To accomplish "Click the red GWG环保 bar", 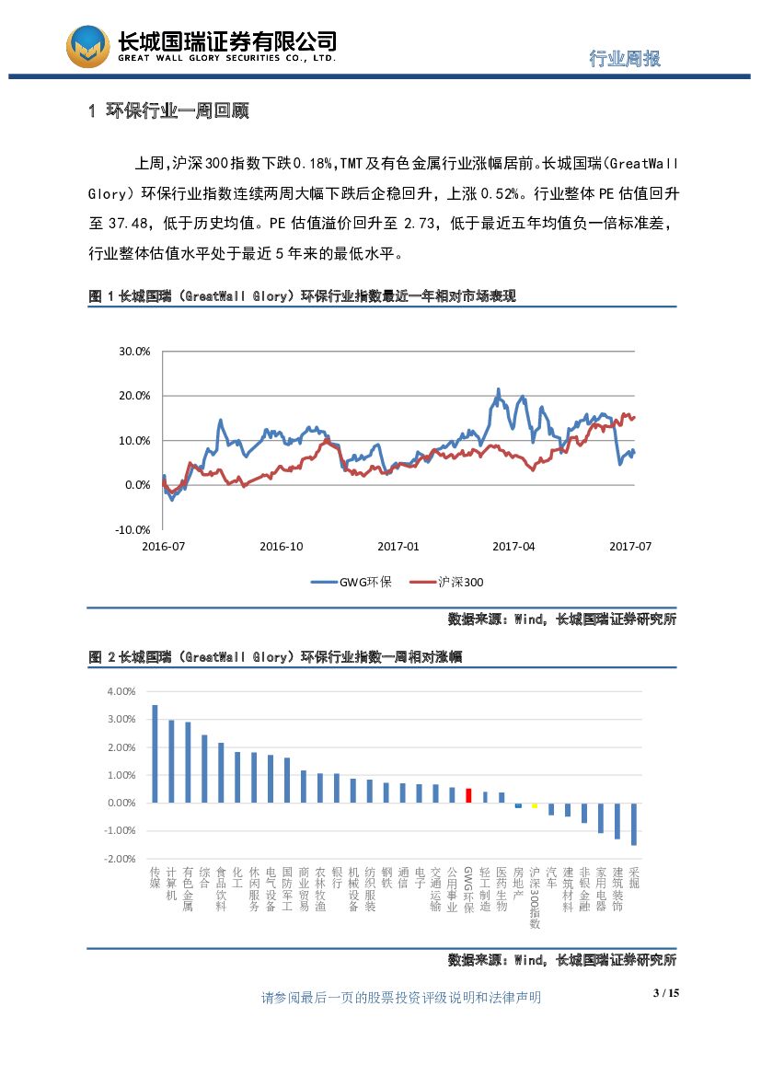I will click(468, 795).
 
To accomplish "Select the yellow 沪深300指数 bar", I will click(535, 805).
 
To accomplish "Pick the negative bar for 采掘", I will click(634, 824).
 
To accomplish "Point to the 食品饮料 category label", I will click(221, 887).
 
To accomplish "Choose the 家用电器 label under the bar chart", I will click(601, 887).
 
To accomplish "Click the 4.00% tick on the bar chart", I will click(121, 691).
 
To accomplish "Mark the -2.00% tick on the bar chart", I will click(121, 859).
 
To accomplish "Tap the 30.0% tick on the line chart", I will click(134, 352).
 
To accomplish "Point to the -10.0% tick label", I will click(133, 530).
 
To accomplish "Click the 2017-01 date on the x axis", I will click(398, 547).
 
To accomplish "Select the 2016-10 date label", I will click(281, 547).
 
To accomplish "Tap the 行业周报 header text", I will click(625, 58).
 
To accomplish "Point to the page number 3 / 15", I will click(665, 993).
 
